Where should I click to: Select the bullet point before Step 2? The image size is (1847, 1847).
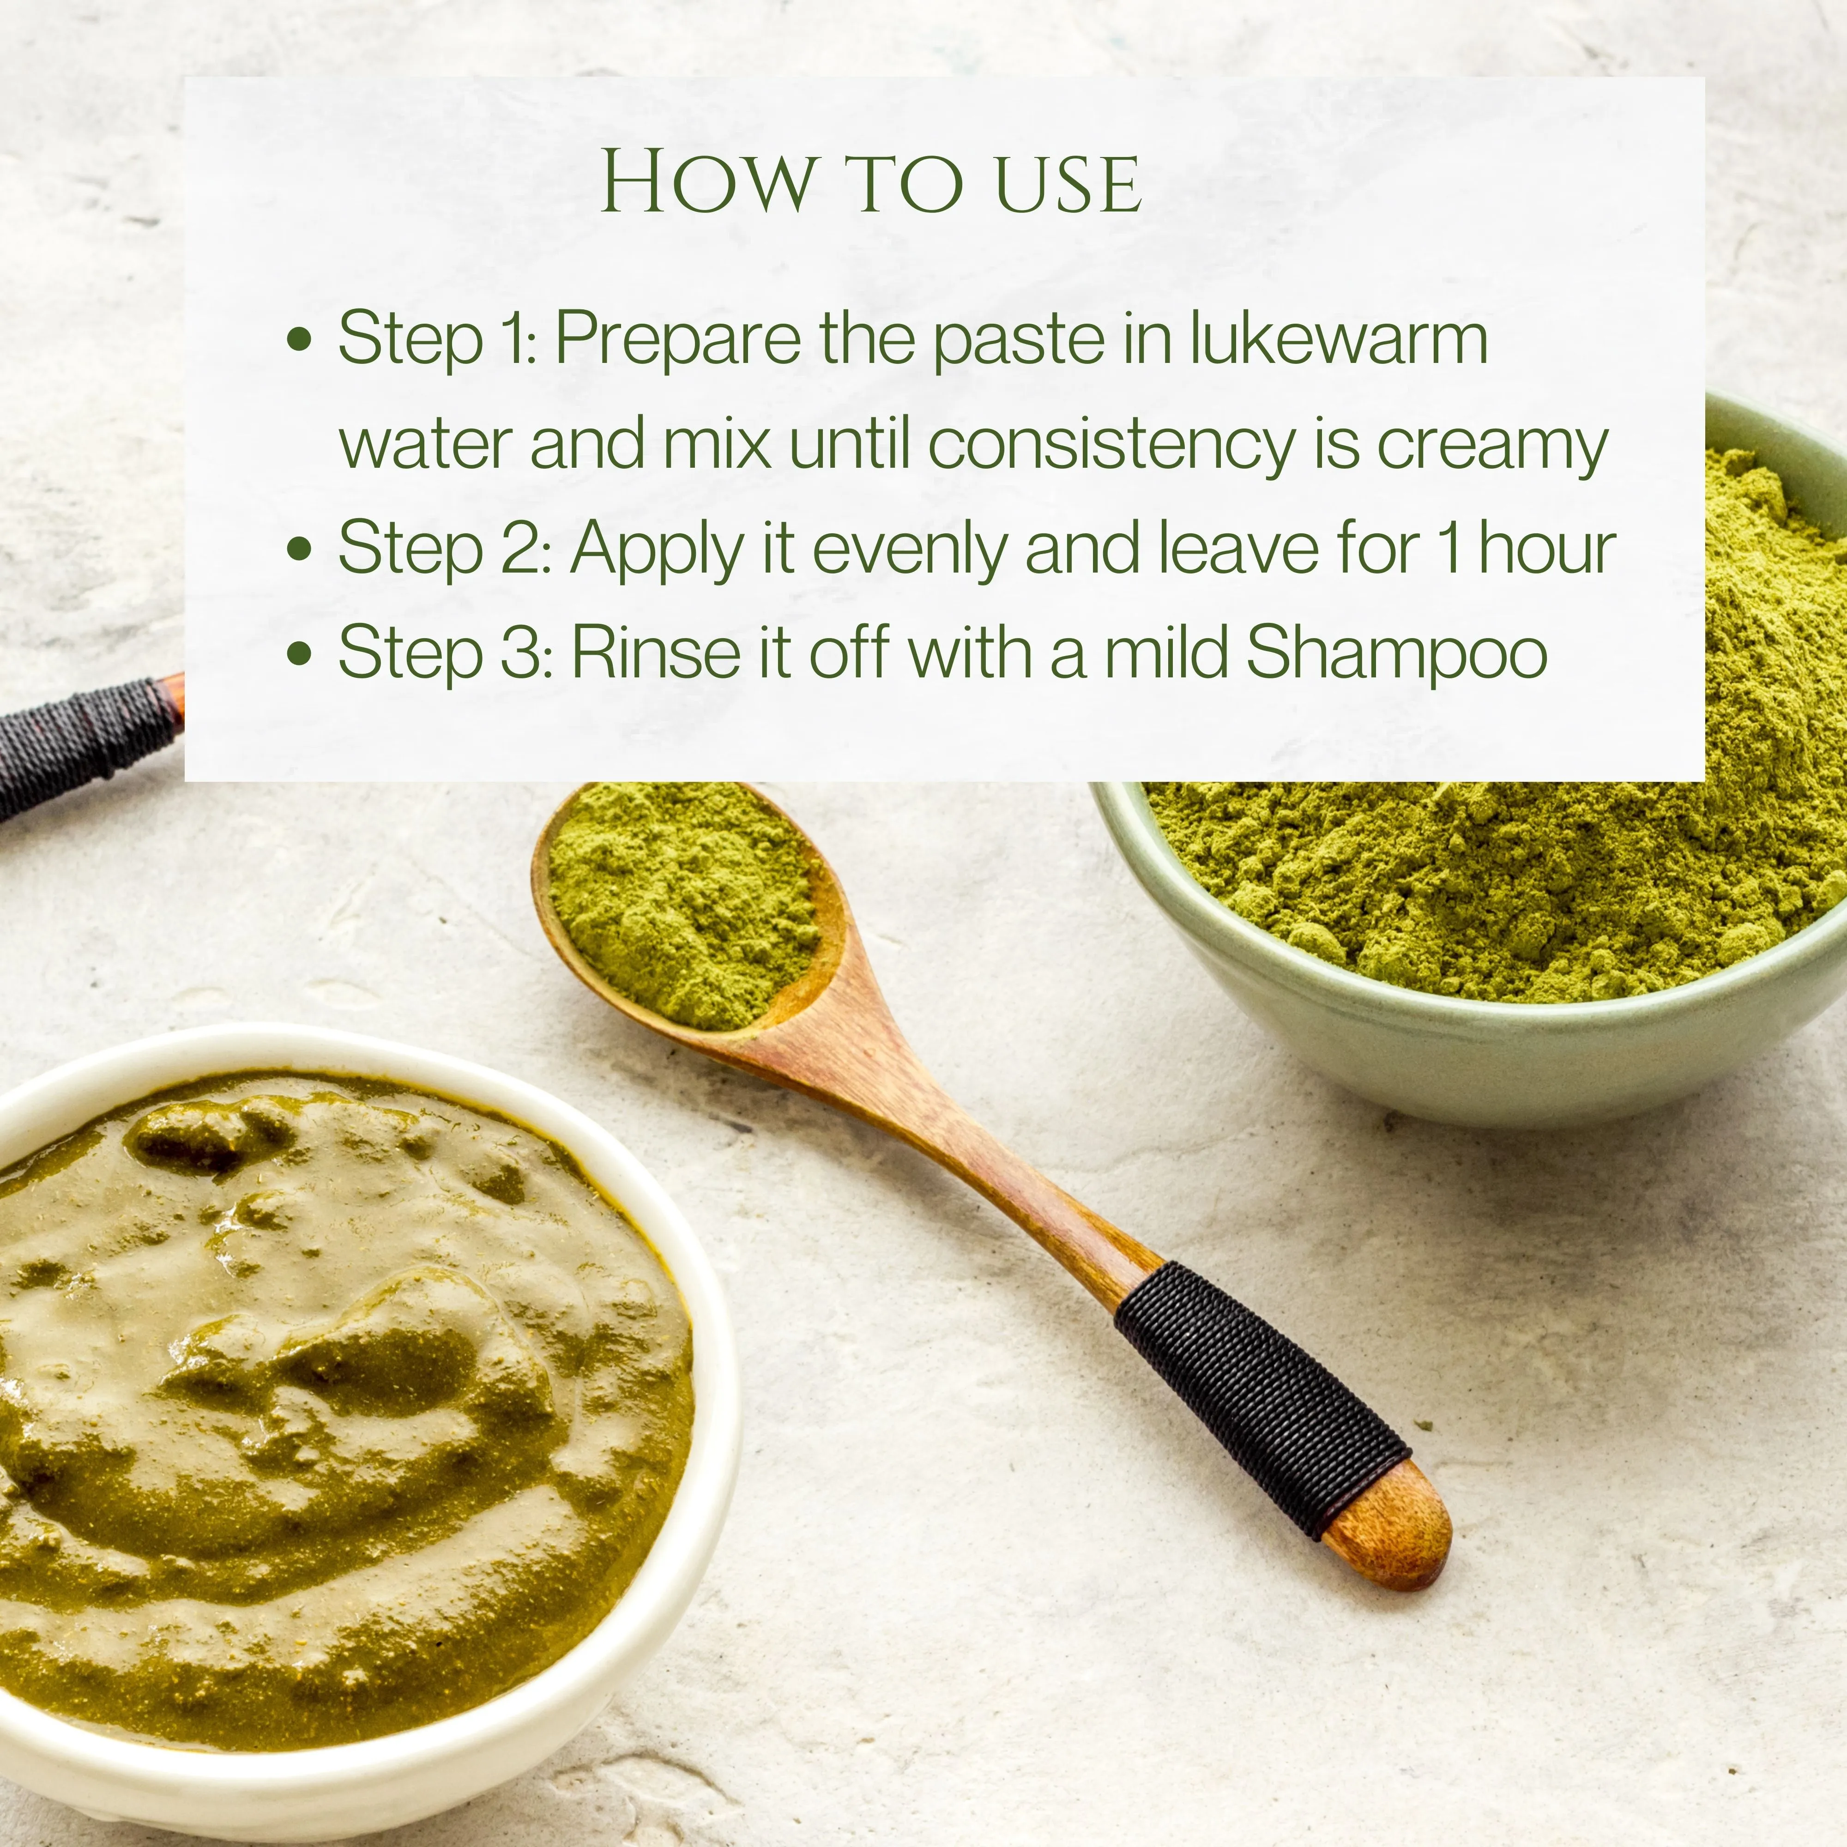pyautogui.click(x=300, y=549)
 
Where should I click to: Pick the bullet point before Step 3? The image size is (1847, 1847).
pyautogui.click(x=300, y=653)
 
